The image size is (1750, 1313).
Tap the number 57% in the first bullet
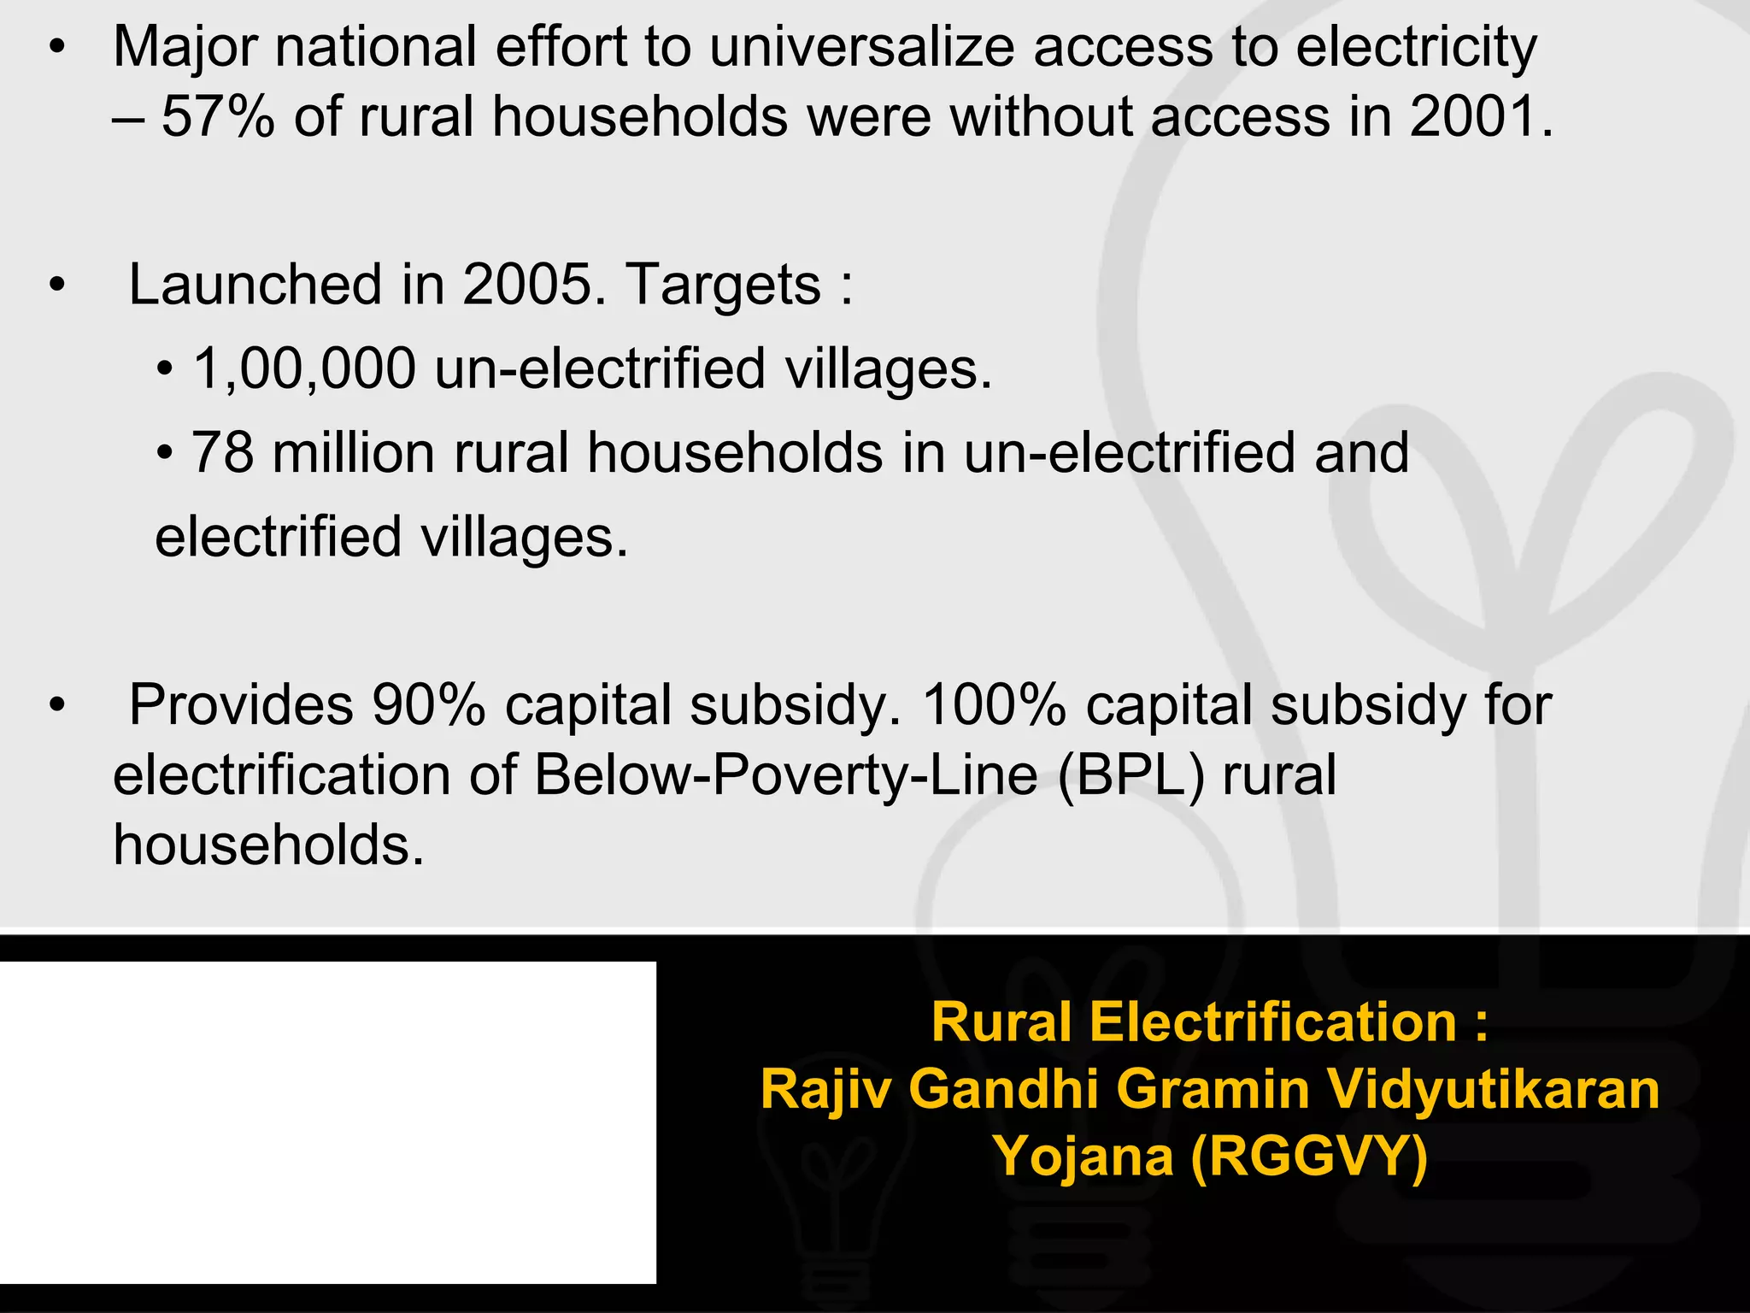coord(218,117)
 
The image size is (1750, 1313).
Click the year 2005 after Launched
coord(526,285)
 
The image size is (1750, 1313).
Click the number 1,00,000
coord(305,368)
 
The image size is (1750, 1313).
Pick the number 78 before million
coord(222,452)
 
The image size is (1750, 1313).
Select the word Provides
coord(241,706)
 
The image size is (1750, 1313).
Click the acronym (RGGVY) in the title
coord(1308,1156)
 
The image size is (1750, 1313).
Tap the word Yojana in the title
coord(1083,1157)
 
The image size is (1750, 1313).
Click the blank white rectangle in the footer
coord(328,1122)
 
